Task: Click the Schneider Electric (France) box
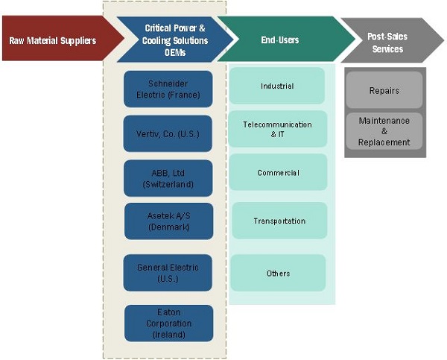(x=168, y=89)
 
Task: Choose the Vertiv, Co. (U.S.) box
(x=168, y=133)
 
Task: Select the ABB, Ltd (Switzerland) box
(x=168, y=177)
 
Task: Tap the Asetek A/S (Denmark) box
(x=168, y=221)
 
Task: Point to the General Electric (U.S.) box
(x=168, y=273)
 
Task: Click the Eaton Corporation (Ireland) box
(x=168, y=323)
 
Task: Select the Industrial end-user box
(x=277, y=86)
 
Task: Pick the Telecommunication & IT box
(x=277, y=129)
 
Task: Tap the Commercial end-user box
(x=278, y=173)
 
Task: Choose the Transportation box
(x=279, y=221)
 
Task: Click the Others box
(x=278, y=274)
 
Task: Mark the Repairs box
(x=384, y=91)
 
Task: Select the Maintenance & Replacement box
(x=384, y=131)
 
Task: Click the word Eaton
(x=168, y=313)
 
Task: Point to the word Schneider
(x=168, y=83)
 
